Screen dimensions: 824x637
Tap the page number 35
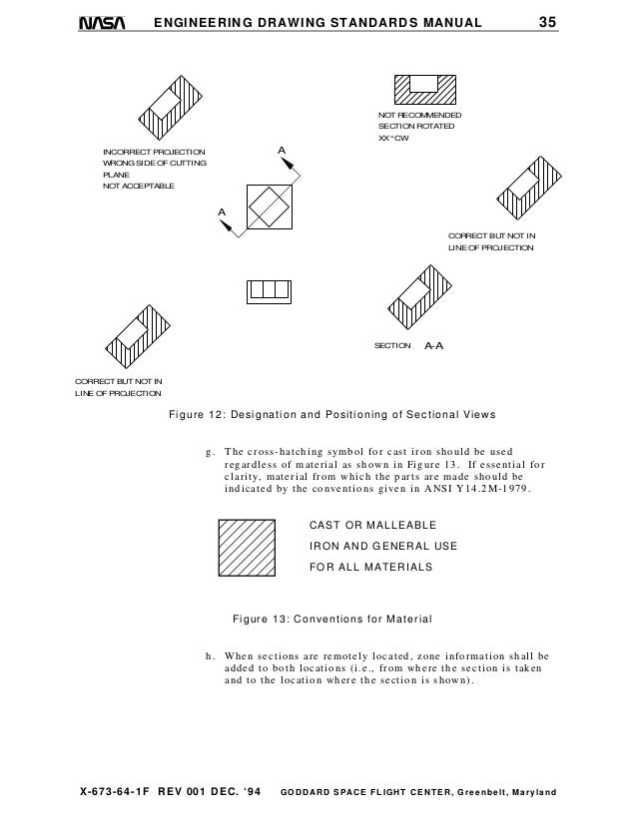pos(547,22)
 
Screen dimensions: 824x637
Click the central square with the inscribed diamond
pos(267,207)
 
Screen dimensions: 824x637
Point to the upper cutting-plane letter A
pos(282,151)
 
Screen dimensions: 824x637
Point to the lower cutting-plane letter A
pos(223,212)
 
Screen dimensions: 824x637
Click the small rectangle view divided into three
pos(268,291)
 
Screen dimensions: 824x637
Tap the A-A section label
pos(433,345)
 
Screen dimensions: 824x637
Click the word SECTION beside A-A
pos(392,345)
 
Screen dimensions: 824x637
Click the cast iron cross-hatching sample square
pos(248,547)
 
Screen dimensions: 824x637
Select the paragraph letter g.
pos(209,451)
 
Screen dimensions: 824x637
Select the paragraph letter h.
pos(209,656)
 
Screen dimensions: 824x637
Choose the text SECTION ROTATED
pos(416,128)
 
